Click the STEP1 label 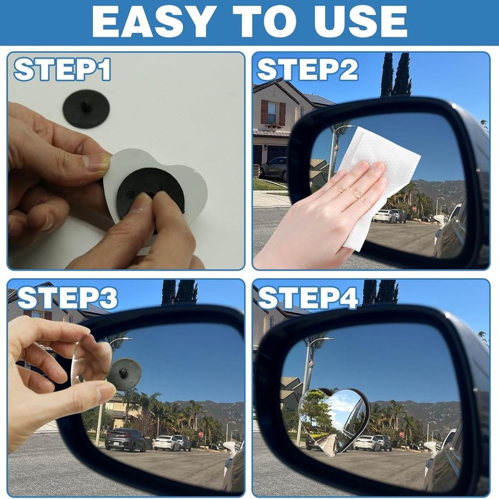tap(62, 69)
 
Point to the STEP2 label tap(308, 69)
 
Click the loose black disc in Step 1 tap(86, 109)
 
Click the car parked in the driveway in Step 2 tap(274, 168)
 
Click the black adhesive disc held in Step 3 tap(124, 374)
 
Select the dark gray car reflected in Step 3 tap(125, 439)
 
